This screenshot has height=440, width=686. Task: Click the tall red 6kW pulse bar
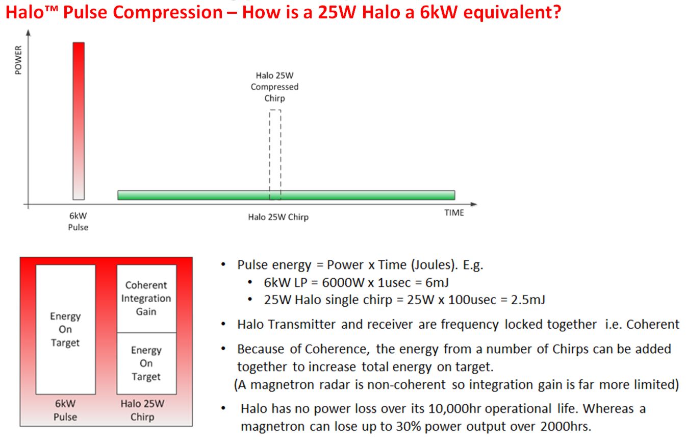click(x=79, y=121)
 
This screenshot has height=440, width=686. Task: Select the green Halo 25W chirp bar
click(x=286, y=195)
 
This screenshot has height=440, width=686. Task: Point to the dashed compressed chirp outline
click(x=269, y=155)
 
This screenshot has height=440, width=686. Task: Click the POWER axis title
click(x=18, y=60)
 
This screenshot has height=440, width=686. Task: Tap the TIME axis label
click(x=454, y=213)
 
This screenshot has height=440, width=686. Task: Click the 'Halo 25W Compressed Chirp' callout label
click(x=274, y=87)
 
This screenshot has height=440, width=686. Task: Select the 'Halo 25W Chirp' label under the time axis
click(x=278, y=217)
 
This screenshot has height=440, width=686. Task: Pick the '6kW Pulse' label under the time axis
click(x=78, y=221)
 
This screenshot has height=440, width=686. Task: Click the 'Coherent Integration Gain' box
click(x=147, y=299)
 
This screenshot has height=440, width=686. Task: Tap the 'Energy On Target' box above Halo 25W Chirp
click(x=147, y=363)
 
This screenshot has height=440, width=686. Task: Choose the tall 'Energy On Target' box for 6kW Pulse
click(x=65, y=329)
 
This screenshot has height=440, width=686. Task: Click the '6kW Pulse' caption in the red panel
click(x=65, y=410)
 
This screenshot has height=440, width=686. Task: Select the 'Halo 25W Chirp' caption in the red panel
click(x=142, y=410)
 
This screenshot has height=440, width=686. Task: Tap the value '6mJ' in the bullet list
click(x=437, y=282)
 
